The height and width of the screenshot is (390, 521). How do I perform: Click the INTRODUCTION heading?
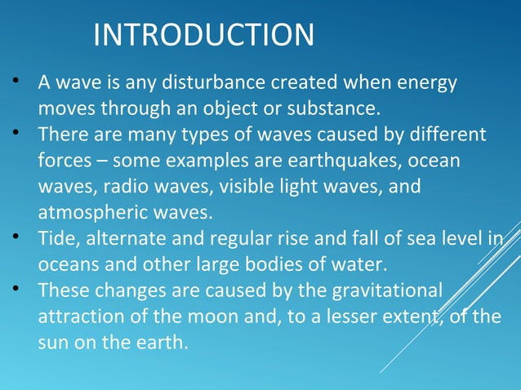(x=203, y=35)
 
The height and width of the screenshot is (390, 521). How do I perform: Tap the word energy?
(x=427, y=83)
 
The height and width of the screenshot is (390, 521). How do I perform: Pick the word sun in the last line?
(x=54, y=342)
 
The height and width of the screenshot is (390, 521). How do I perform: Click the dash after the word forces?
(x=100, y=160)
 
